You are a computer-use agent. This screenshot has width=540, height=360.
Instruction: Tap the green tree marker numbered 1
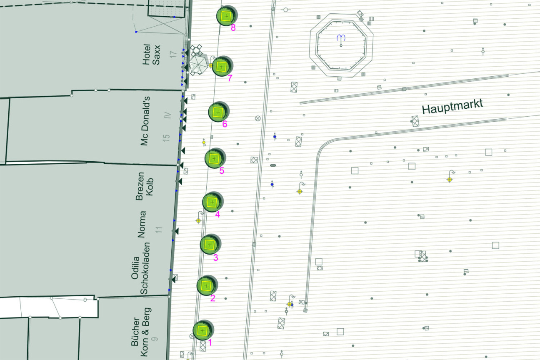(x=203, y=330)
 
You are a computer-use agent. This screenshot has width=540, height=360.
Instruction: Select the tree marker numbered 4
(x=212, y=202)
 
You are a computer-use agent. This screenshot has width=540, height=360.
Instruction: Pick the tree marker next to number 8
(x=226, y=16)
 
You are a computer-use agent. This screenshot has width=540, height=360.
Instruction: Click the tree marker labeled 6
(x=218, y=112)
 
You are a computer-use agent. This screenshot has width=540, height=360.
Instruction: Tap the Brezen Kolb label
(x=145, y=186)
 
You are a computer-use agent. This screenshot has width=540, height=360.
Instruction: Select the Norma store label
(x=142, y=224)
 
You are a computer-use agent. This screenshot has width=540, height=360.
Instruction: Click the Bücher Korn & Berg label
(x=140, y=332)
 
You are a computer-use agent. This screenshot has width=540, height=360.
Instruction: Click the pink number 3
(x=215, y=258)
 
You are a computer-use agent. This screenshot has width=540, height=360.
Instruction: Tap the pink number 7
(x=230, y=78)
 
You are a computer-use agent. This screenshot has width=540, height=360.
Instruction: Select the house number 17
(x=173, y=55)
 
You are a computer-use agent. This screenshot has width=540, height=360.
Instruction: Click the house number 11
(x=159, y=228)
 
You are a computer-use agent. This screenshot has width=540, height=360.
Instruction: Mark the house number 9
(x=155, y=339)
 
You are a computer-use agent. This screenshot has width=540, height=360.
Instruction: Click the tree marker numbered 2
(x=207, y=286)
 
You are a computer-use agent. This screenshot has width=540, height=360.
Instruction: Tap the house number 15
(x=166, y=137)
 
